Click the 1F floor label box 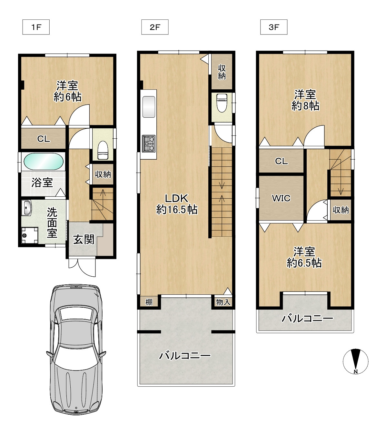36,27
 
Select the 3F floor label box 273,27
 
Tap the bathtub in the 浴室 44,161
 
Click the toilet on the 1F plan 103,150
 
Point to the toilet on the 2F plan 222,103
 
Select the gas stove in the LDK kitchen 148,143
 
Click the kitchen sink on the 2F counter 149,107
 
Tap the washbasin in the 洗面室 27,207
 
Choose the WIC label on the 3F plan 281,198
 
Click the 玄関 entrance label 84,239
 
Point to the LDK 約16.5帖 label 177,204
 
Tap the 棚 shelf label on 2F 149,302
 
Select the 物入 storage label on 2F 223,302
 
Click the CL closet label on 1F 44,139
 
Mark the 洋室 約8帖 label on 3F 305,100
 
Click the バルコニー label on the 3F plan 307,319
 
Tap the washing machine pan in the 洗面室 30,235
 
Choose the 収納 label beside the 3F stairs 341,210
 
